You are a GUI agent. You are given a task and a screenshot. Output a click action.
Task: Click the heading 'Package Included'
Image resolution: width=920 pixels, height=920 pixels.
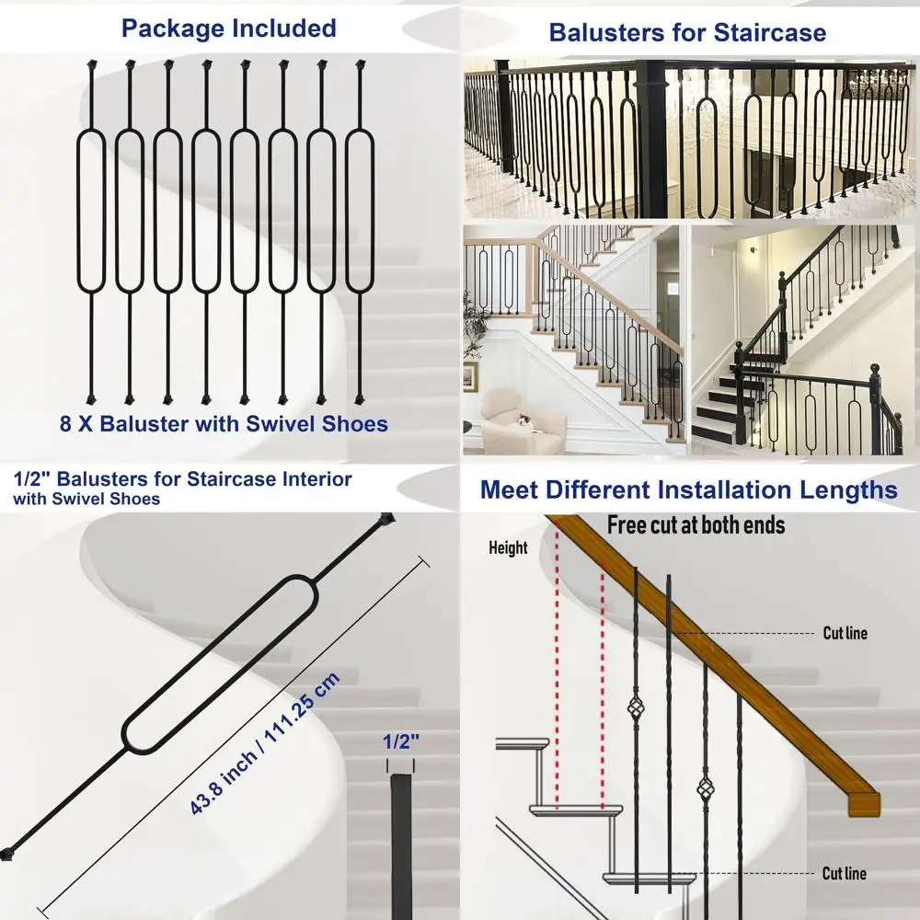(229, 29)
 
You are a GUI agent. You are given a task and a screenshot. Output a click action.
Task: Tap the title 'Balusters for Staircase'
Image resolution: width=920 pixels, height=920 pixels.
(687, 33)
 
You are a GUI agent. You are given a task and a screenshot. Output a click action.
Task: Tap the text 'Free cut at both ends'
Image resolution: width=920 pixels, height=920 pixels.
(696, 525)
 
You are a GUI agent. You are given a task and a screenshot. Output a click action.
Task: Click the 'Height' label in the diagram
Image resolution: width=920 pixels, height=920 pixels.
(508, 548)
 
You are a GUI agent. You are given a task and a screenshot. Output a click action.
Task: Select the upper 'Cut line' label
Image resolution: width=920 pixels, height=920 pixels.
(844, 633)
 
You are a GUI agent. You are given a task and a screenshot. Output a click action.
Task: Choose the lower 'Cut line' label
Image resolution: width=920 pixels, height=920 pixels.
(844, 873)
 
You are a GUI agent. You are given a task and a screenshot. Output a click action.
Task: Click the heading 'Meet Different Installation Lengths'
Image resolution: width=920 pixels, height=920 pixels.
(689, 489)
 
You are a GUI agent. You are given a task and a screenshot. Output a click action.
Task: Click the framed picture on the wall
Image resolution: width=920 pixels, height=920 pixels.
(470, 375)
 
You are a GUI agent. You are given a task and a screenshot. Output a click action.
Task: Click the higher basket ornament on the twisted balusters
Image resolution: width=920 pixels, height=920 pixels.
(635, 709)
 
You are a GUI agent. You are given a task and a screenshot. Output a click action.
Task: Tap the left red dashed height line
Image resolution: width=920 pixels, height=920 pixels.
(557, 672)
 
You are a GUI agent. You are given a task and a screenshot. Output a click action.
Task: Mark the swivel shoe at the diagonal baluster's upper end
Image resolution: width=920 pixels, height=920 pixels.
(385, 520)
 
